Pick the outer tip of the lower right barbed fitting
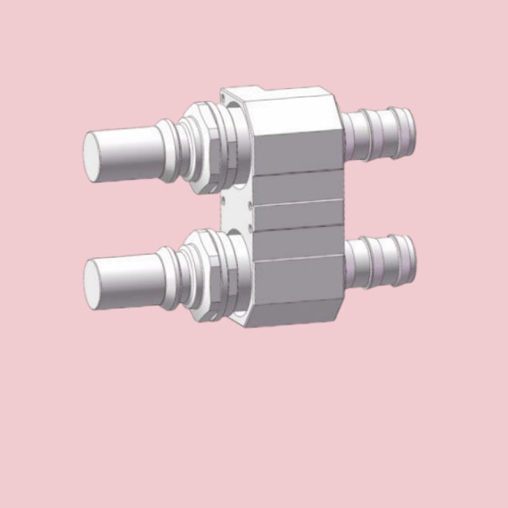click(x=410, y=259)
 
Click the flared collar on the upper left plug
click(x=170, y=143)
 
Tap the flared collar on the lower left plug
click(x=170, y=273)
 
